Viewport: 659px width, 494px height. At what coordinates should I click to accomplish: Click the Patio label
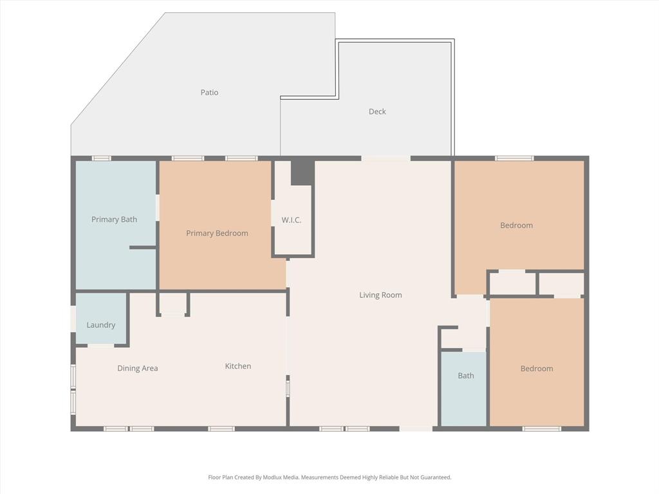209,93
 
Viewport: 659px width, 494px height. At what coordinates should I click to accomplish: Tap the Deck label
377,112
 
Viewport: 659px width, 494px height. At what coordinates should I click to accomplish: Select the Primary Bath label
114,219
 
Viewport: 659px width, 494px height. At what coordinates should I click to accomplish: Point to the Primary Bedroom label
217,233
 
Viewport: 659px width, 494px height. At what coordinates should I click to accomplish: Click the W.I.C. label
291,220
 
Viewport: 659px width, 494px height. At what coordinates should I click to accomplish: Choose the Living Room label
380,295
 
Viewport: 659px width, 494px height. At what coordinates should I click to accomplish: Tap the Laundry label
101,325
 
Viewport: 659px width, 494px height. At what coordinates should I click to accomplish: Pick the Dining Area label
137,369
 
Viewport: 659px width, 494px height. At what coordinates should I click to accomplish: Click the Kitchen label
237,366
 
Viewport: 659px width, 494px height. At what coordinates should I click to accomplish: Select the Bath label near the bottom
466,376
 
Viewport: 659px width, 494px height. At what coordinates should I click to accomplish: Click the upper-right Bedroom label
516,226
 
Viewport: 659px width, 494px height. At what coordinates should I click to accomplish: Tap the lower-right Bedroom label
537,369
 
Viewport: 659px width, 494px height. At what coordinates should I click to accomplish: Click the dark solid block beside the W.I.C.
302,172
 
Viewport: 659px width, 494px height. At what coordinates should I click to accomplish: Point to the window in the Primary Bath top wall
101,158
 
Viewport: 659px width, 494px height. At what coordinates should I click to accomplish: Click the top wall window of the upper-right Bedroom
514,158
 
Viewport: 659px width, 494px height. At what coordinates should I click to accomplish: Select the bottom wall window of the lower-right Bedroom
541,428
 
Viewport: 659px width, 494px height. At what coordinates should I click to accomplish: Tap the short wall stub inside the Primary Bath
142,247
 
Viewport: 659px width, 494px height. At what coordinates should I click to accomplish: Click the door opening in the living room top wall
385,158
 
